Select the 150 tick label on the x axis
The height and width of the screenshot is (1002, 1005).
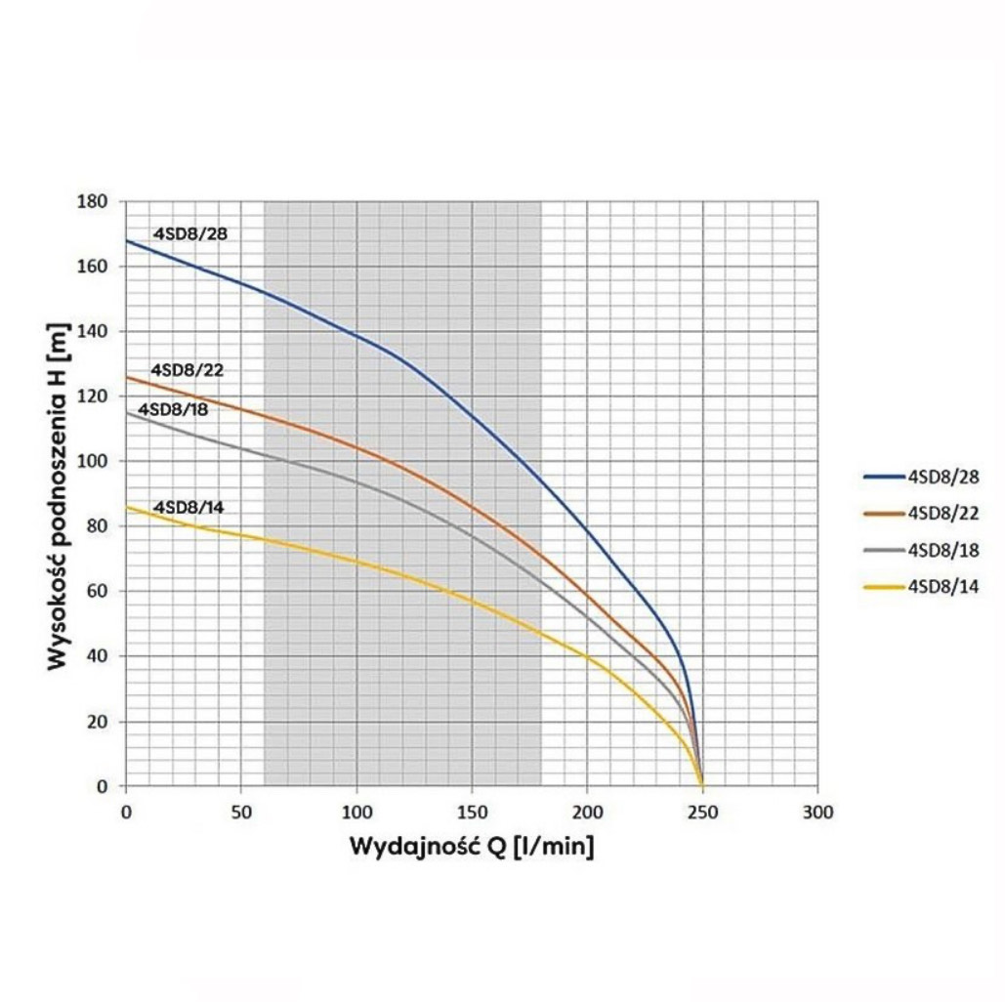[472, 813]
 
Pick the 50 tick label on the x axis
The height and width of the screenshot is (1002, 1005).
[240, 813]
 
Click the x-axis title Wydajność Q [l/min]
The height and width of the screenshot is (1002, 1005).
[472, 846]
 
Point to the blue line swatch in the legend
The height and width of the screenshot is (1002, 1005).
[883, 478]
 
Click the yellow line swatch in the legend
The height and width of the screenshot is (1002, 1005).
[883, 587]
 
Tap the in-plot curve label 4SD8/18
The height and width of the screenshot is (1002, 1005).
[173, 409]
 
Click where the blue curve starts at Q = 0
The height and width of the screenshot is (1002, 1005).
[126, 240]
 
